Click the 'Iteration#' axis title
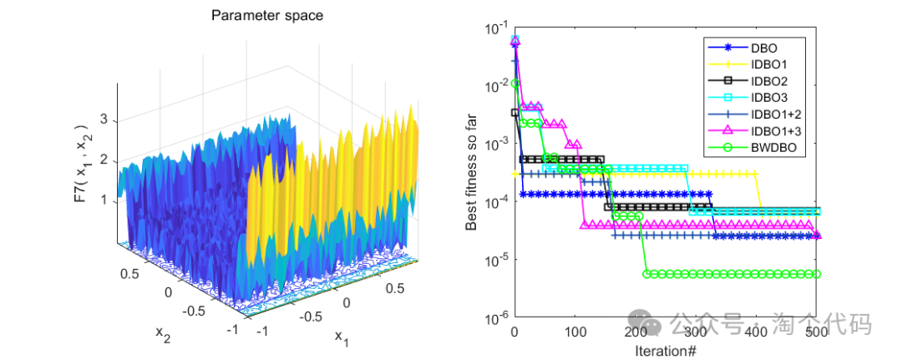click(666, 350)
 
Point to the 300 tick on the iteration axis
click(696, 332)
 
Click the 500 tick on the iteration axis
click(817, 332)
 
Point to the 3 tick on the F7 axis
click(105, 120)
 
